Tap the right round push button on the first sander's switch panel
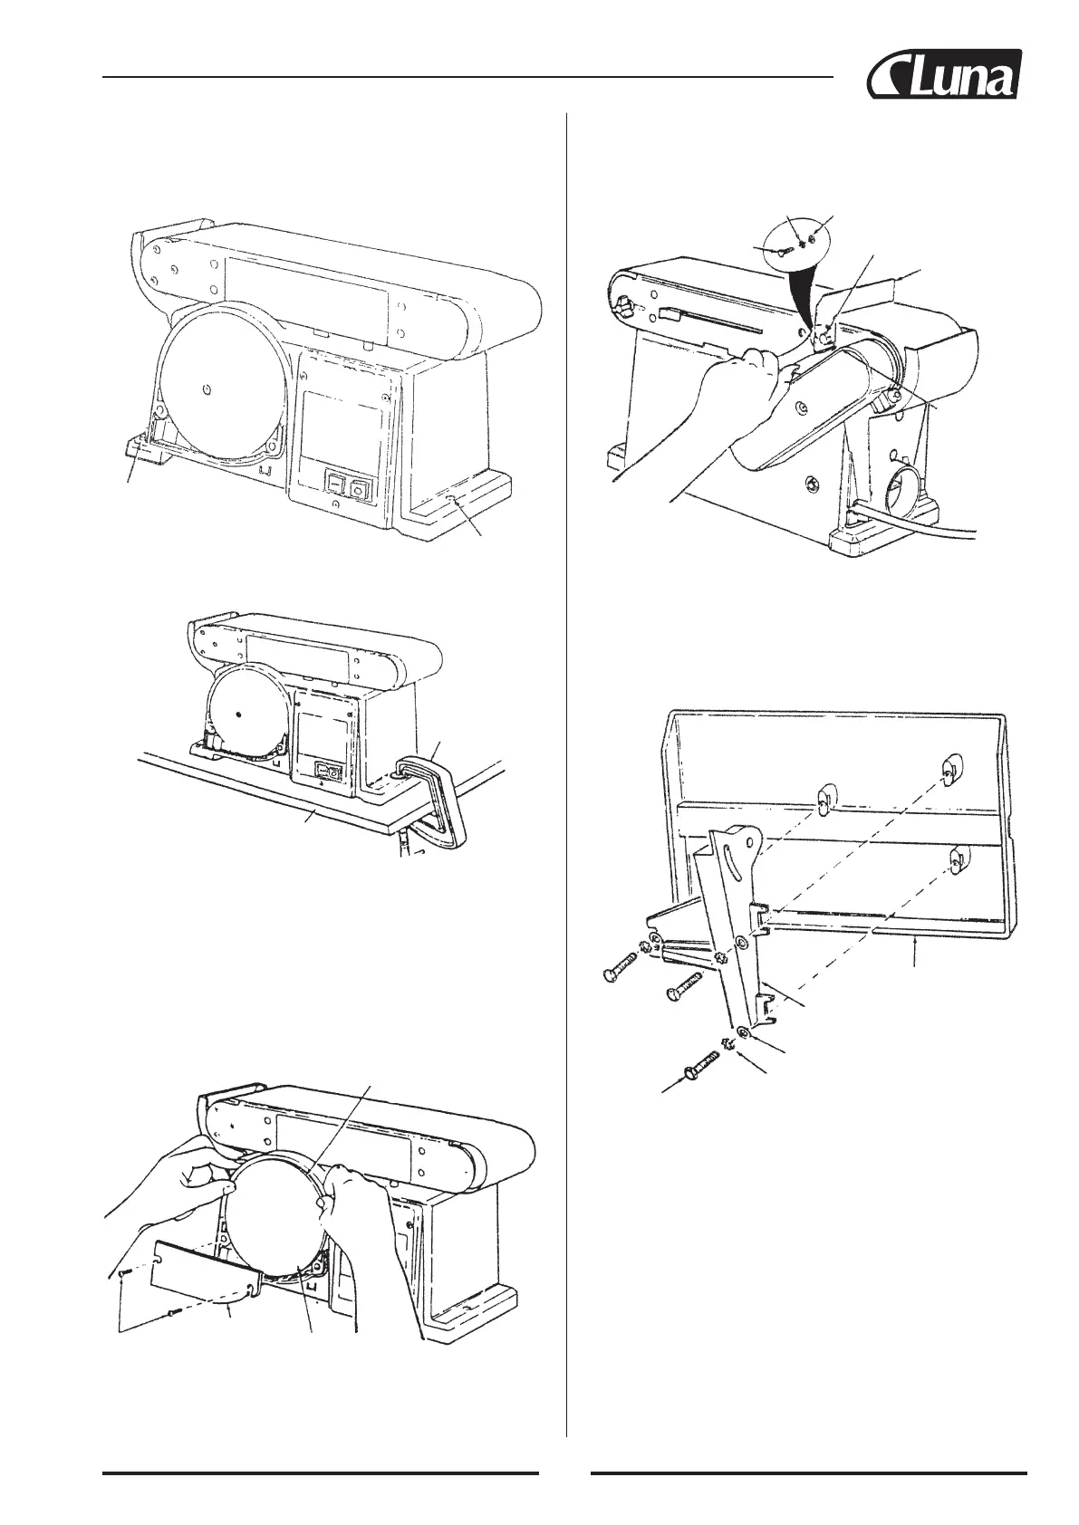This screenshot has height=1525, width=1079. [x=361, y=492]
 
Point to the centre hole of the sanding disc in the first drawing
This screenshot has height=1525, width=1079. [x=207, y=388]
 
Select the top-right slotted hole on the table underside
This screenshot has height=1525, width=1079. [x=946, y=772]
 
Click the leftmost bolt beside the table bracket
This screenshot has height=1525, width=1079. [x=623, y=974]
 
